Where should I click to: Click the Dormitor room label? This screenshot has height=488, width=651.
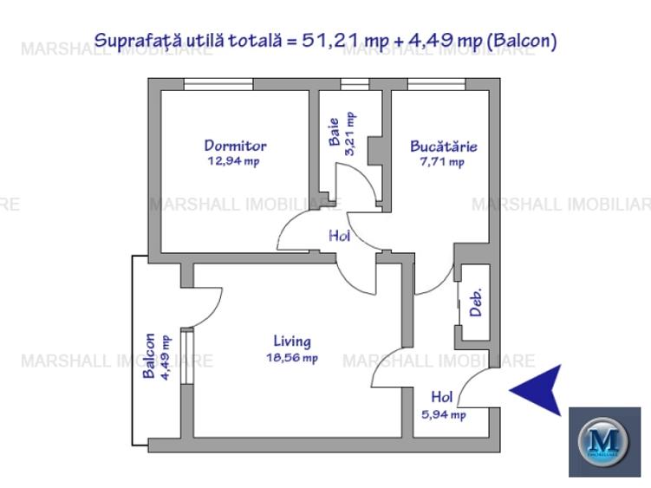[235, 146]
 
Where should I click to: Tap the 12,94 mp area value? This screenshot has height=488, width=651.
[233, 161]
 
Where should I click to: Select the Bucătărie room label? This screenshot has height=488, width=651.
[443, 146]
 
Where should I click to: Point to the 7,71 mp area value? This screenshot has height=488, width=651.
[443, 161]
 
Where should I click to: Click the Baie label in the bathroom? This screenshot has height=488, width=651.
[334, 136]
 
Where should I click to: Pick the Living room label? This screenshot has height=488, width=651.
[292, 342]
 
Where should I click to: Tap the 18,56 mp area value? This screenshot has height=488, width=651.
[292, 357]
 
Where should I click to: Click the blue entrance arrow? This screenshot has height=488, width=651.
[535, 389]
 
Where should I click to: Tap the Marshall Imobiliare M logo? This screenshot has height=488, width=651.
[604, 440]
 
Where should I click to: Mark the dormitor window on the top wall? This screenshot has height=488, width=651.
[218, 83]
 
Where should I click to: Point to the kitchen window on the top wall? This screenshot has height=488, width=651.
[435, 83]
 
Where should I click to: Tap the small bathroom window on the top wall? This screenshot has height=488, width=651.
[353, 83]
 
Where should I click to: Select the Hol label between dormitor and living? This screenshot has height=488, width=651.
[339, 235]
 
